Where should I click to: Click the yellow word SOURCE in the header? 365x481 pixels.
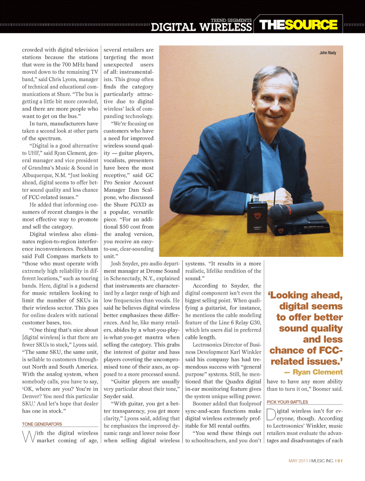pyautogui.click(x=311, y=25)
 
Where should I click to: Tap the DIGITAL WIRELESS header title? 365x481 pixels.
pyautogui.click(x=201, y=27)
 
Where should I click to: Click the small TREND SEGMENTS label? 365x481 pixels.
pyautogui.click(x=231, y=20)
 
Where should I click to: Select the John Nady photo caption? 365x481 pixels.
pyautogui.click(x=328, y=53)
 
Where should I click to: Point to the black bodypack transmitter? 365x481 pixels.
pyautogui.click(x=257, y=218)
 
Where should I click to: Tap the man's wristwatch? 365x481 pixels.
pyautogui.click(x=256, y=198)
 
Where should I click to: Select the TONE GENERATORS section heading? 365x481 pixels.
pyautogui.click(x=42, y=424)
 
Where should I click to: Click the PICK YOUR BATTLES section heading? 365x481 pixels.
pyautogui.click(x=287, y=402)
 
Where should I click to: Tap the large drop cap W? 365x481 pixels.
pyautogui.click(x=29, y=436)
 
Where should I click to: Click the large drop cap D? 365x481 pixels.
pyautogui.click(x=271, y=415)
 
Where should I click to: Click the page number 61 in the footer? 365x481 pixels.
pyautogui.click(x=340, y=461)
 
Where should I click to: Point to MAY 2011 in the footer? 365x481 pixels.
pyautogui.click(x=298, y=461)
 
